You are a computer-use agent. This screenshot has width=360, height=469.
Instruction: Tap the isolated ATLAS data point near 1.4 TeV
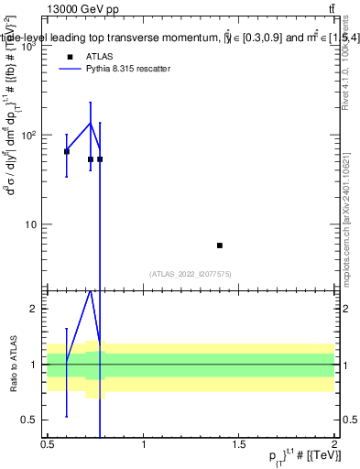(220, 245)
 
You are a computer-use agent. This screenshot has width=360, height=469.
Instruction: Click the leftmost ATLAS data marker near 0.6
(66, 151)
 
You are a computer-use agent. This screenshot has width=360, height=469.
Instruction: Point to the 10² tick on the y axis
(29, 135)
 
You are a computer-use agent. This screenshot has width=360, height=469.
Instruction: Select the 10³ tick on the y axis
(29, 45)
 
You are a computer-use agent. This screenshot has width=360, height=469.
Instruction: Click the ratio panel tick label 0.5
(29, 420)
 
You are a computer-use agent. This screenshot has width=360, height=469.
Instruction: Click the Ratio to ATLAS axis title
(13, 363)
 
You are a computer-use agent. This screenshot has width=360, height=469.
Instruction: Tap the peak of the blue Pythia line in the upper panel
(90, 123)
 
